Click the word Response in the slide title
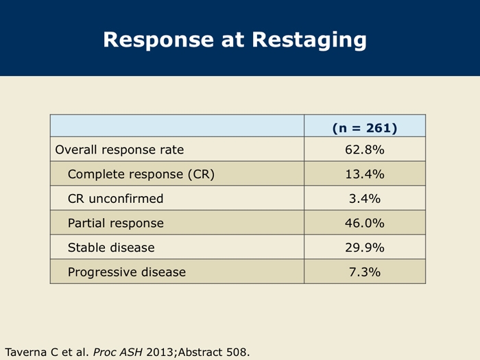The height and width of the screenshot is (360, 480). point(158,40)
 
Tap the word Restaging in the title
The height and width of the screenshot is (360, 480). point(309,40)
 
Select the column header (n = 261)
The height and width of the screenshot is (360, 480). point(365,128)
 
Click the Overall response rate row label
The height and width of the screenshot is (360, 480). point(119,149)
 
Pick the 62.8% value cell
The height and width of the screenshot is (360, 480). point(365,149)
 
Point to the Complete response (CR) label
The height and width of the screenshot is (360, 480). point(141,174)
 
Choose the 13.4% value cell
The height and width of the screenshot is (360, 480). point(365,174)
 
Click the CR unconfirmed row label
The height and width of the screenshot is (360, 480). point(115,199)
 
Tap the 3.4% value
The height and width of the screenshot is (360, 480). point(365,199)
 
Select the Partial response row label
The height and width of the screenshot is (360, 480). point(116,223)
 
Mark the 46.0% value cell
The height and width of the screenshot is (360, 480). point(365,223)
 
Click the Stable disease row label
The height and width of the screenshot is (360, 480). point(111,248)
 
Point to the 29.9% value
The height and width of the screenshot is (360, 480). point(365,248)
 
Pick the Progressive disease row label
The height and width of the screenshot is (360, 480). point(127,272)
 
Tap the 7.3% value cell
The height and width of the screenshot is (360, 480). point(365,272)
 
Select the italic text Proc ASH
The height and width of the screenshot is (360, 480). point(117,352)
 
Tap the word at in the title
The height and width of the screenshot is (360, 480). point(232,40)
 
